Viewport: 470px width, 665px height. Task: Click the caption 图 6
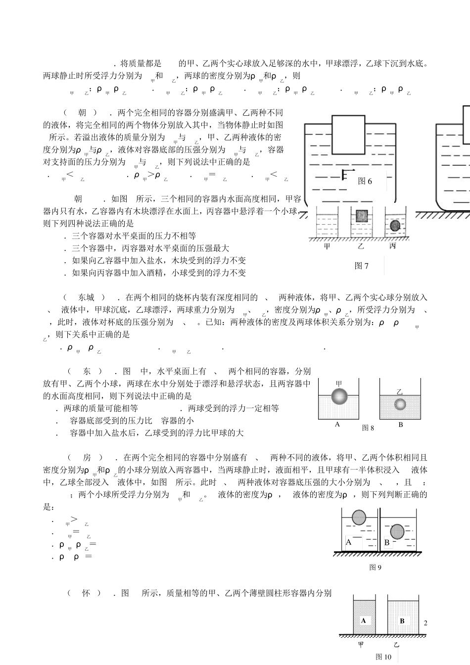[365, 181]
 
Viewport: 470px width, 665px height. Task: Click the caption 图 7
[362, 266]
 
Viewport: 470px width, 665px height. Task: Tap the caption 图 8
[368, 428]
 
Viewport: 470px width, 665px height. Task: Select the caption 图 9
[376, 568]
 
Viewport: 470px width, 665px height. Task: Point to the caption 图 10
[383, 657]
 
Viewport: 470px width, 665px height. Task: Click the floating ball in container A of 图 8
[339, 397]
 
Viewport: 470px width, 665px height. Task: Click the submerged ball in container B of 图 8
[400, 404]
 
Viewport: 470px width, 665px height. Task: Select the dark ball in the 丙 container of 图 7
[395, 226]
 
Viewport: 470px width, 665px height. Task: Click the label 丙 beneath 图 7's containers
[393, 246]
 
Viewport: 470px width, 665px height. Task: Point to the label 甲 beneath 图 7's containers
[327, 246]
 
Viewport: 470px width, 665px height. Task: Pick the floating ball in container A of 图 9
[359, 518]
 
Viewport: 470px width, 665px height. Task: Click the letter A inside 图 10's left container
[364, 620]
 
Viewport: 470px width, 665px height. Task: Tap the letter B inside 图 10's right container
[402, 620]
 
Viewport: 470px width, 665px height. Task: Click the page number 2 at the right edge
[425, 623]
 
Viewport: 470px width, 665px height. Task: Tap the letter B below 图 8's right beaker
[401, 425]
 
